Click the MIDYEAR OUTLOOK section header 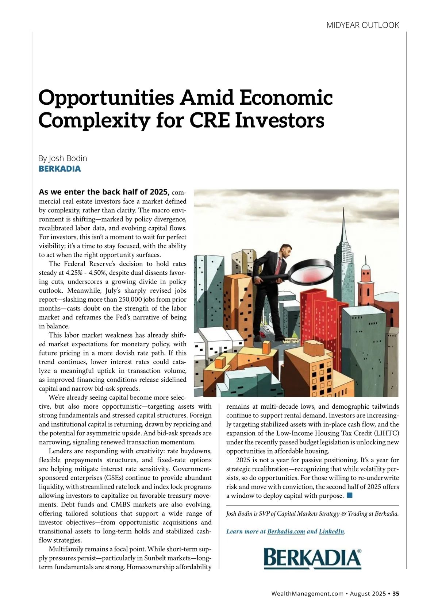(x=362, y=25)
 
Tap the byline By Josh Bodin (x=63, y=158)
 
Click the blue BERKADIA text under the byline (x=60, y=169)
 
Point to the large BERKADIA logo (x=312, y=558)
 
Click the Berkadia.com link (x=286, y=531)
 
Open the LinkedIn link (x=331, y=531)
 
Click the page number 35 (x=396, y=594)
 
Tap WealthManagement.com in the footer (x=307, y=594)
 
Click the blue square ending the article (x=349, y=495)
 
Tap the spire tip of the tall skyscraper (x=344, y=210)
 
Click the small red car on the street (x=262, y=334)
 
